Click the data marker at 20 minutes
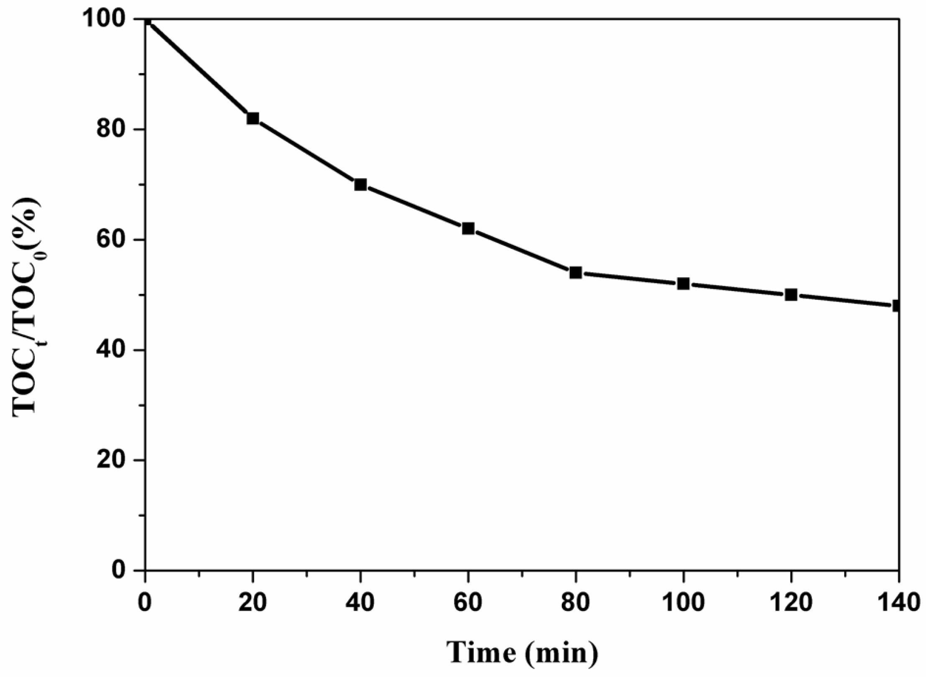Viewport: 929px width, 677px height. pos(253,118)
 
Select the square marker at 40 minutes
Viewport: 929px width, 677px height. pos(360,184)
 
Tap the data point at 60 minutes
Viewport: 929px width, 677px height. pos(468,228)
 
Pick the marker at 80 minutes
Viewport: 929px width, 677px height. pos(576,273)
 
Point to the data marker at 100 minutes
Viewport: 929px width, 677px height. pos(683,284)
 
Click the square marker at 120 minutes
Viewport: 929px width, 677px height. pos(791,295)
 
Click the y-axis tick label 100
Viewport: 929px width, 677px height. pos(105,20)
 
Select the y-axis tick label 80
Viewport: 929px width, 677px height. pos(112,130)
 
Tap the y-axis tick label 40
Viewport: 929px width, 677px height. pos(112,350)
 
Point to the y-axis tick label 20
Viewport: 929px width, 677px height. pos(112,460)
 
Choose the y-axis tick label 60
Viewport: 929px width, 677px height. pos(112,240)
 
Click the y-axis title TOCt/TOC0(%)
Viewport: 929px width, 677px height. pos(28,307)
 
